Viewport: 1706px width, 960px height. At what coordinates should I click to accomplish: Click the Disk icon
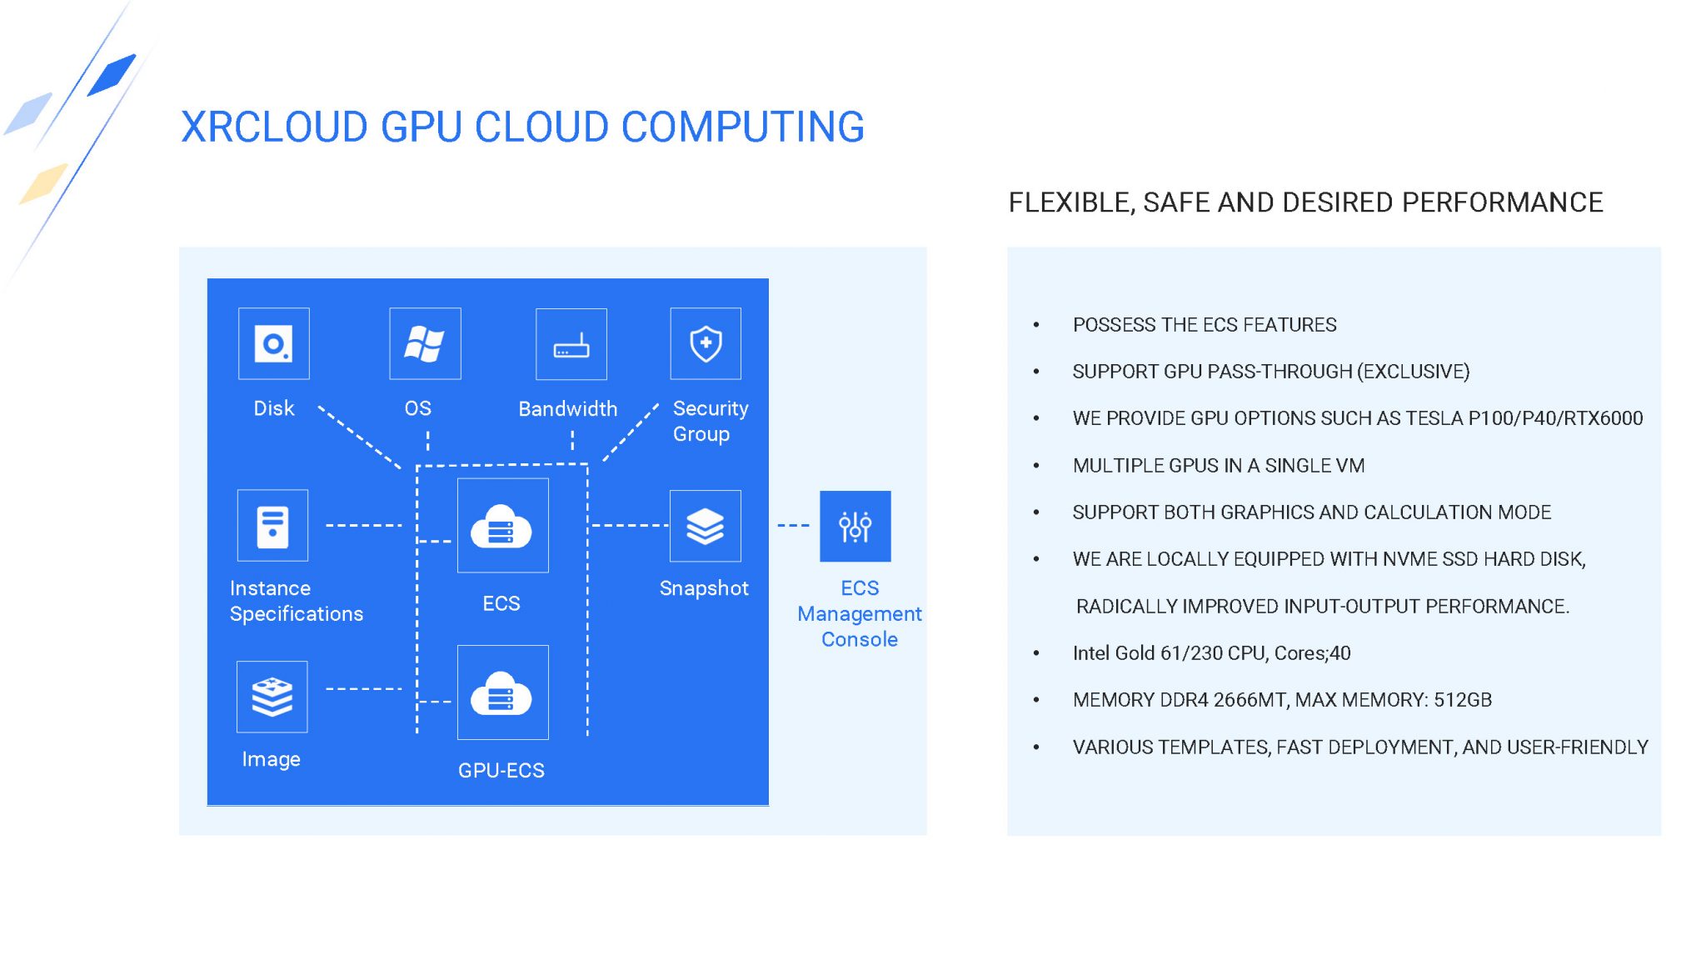[x=273, y=343]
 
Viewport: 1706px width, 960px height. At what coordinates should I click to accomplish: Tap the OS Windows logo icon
[x=425, y=343]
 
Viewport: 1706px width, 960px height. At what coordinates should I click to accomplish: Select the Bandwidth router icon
[x=571, y=344]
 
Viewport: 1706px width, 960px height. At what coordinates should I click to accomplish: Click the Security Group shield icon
[x=706, y=343]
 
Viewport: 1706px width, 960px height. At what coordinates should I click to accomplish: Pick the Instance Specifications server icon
[x=272, y=525]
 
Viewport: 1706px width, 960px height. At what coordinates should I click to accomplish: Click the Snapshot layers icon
[x=705, y=526]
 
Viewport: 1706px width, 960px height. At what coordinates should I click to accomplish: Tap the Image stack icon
[x=272, y=697]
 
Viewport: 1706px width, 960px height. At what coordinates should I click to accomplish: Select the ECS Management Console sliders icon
[x=855, y=526]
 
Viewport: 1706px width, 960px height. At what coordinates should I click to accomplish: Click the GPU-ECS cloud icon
[x=502, y=692]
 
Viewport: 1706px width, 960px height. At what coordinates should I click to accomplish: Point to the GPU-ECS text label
[x=501, y=770]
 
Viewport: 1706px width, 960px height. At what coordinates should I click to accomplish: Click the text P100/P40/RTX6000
[x=1555, y=418]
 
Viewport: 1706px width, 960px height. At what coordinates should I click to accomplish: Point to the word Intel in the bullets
[x=1091, y=653]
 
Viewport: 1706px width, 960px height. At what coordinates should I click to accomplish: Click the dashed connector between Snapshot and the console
[x=793, y=526]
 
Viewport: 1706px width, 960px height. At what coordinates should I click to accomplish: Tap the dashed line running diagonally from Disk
[x=360, y=437]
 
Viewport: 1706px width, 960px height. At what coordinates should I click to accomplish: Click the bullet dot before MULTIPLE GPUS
[x=1036, y=466]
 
